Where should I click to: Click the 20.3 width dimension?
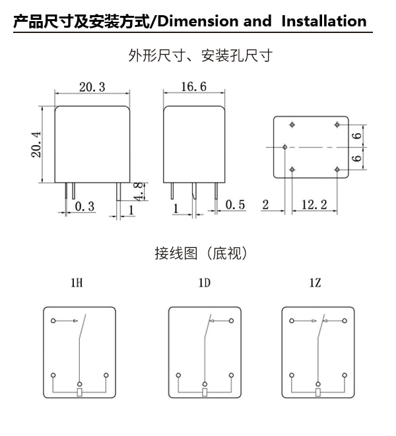92,87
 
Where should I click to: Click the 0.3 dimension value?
84,206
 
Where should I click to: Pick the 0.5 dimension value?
235,205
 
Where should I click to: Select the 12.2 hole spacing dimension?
314,205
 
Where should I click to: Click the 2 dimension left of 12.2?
265,205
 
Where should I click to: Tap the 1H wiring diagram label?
77,284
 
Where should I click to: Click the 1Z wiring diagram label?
315,284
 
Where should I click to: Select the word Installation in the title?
323,21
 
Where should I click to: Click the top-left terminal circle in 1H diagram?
53,322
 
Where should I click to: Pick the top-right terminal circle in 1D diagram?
232,322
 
